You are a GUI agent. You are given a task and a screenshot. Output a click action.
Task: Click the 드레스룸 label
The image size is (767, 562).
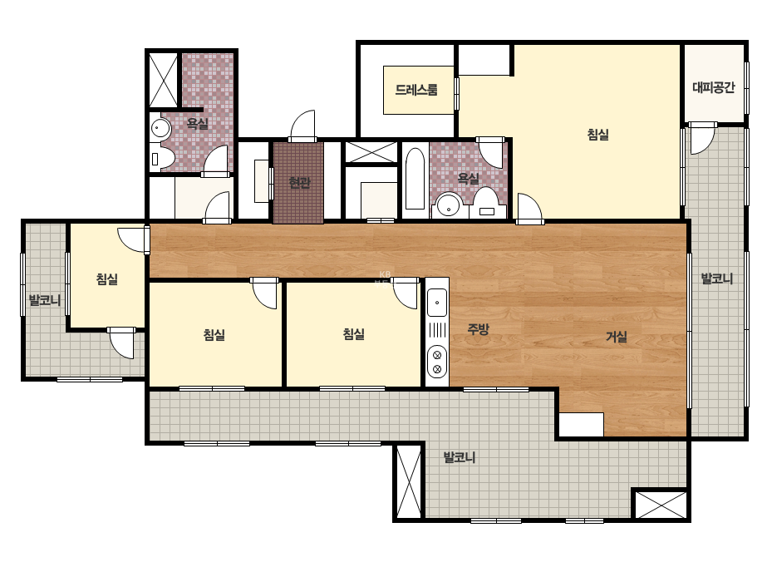point(416,90)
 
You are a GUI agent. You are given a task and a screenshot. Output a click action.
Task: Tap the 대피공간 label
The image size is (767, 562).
point(714,87)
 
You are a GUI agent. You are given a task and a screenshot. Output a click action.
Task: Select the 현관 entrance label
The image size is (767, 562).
point(299,183)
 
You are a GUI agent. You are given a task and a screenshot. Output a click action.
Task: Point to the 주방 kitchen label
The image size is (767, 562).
point(478,329)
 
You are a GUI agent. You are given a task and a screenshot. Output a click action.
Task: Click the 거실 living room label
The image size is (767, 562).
point(617,337)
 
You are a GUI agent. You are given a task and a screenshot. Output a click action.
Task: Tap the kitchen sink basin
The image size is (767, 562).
point(437,302)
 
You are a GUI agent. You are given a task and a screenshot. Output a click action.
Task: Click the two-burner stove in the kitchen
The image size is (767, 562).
point(437,362)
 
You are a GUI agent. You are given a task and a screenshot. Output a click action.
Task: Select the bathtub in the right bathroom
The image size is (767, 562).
point(415,178)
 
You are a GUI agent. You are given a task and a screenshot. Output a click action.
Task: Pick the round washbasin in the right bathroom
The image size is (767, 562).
point(449,205)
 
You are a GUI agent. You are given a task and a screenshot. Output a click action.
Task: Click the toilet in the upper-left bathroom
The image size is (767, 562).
point(162,158)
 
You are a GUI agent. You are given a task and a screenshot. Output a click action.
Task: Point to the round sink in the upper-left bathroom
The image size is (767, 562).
point(160,129)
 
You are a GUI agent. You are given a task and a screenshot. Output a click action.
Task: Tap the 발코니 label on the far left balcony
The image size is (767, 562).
point(45,300)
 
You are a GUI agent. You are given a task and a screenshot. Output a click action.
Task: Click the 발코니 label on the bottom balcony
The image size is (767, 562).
point(460,457)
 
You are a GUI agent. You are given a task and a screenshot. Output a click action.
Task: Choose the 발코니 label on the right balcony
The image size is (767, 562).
point(717,279)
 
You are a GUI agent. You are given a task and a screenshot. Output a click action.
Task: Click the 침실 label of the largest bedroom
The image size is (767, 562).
point(597,134)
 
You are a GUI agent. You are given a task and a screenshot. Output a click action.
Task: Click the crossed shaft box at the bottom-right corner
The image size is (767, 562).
point(661,505)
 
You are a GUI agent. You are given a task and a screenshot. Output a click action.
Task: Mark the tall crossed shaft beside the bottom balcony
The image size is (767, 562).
point(409,481)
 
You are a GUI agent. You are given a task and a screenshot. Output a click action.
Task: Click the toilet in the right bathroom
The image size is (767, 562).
point(487,202)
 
